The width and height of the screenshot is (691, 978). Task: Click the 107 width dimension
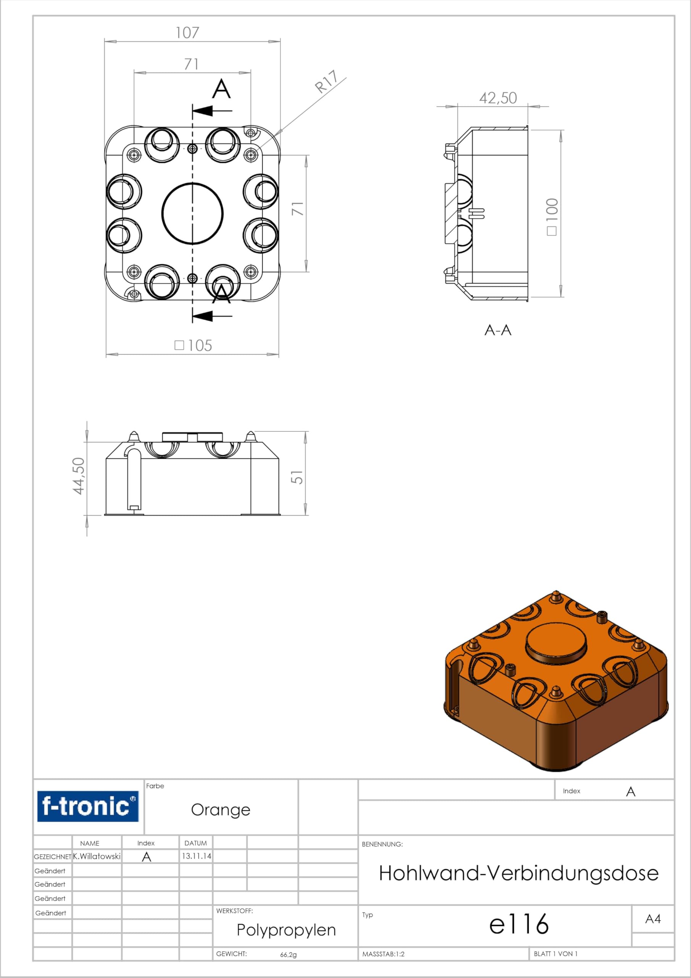point(187,33)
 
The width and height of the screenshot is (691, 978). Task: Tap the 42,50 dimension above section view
point(498,98)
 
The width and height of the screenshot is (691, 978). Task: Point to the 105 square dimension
point(194,345)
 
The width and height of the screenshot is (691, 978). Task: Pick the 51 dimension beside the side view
point(297,477)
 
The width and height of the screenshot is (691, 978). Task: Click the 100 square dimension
point(552,216)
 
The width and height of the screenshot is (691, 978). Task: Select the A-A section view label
point(498,330)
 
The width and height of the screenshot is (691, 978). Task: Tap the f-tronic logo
point(88,806)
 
